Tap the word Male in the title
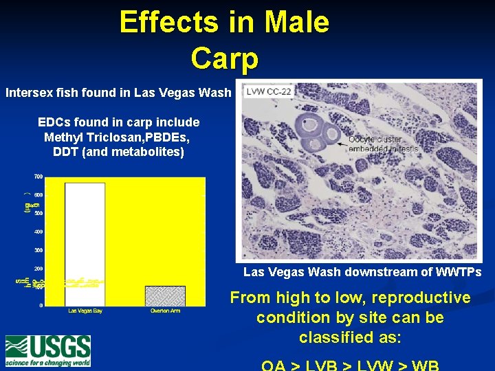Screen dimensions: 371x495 click(x=297, y=22)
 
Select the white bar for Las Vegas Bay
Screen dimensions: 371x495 click(x=85, y=244)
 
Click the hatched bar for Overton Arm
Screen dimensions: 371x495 click(x=165, y=296)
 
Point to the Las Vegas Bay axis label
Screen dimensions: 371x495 click(x=86, y=311)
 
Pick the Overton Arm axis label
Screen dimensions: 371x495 click(x=165, y=311)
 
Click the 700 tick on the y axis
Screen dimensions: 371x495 click(x=39, y=177)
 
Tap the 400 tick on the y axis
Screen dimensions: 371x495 click(x=39, y=232)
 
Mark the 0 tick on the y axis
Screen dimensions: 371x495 click(x=41, y=305)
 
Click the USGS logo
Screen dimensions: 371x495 click(x=48, y=350)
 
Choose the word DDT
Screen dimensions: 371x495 click(x=65, y=151)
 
